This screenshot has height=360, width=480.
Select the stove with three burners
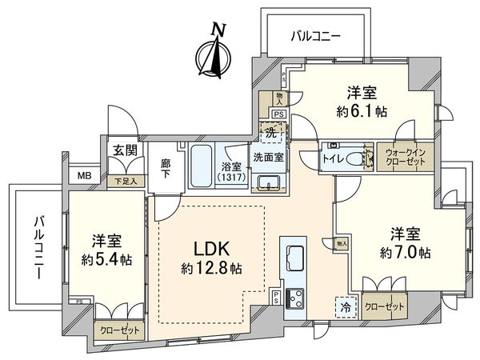293,298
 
